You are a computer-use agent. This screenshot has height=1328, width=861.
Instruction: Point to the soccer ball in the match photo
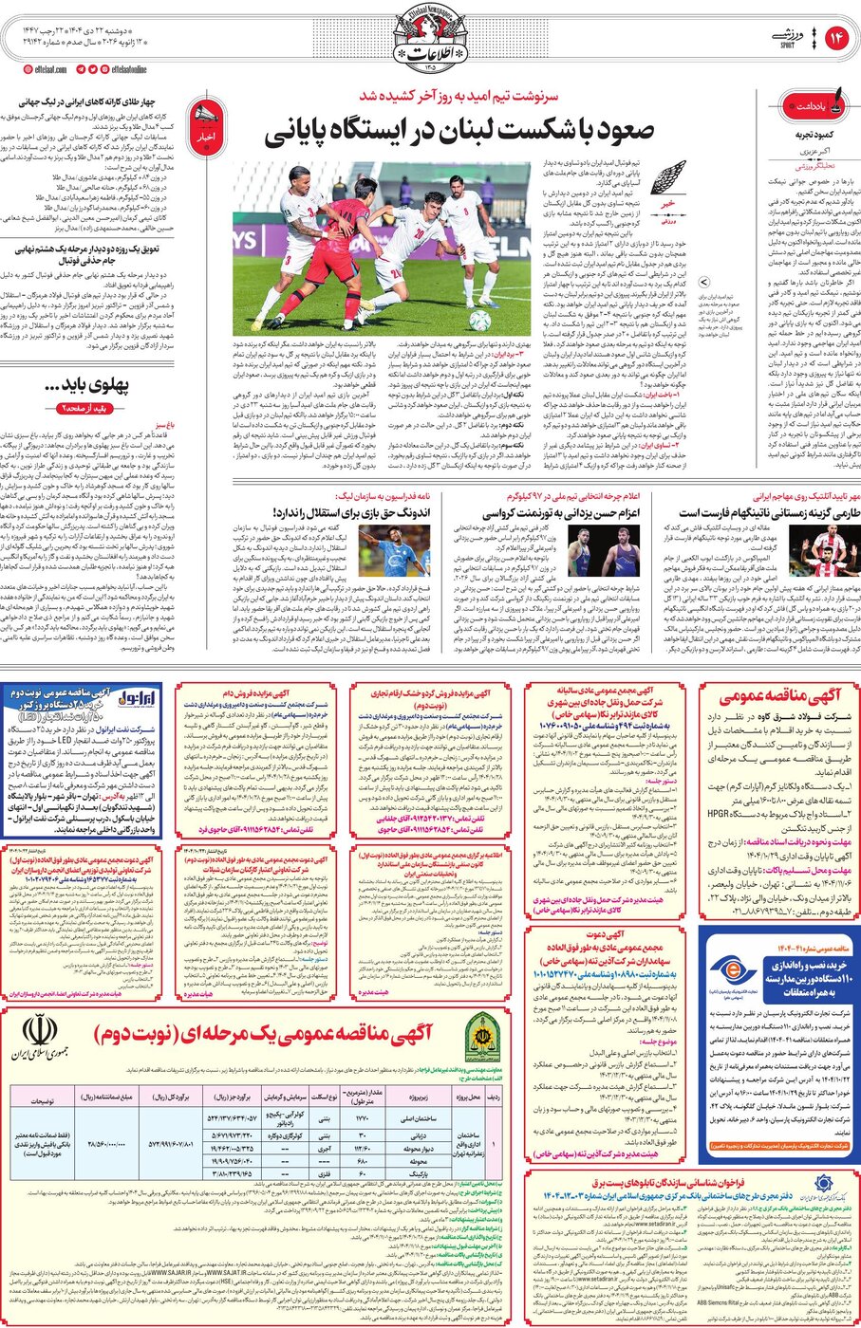pos(480,321)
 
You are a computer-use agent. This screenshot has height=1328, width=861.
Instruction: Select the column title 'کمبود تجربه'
pos(818,136)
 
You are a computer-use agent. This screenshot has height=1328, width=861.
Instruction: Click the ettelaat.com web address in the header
pos(44,69)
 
